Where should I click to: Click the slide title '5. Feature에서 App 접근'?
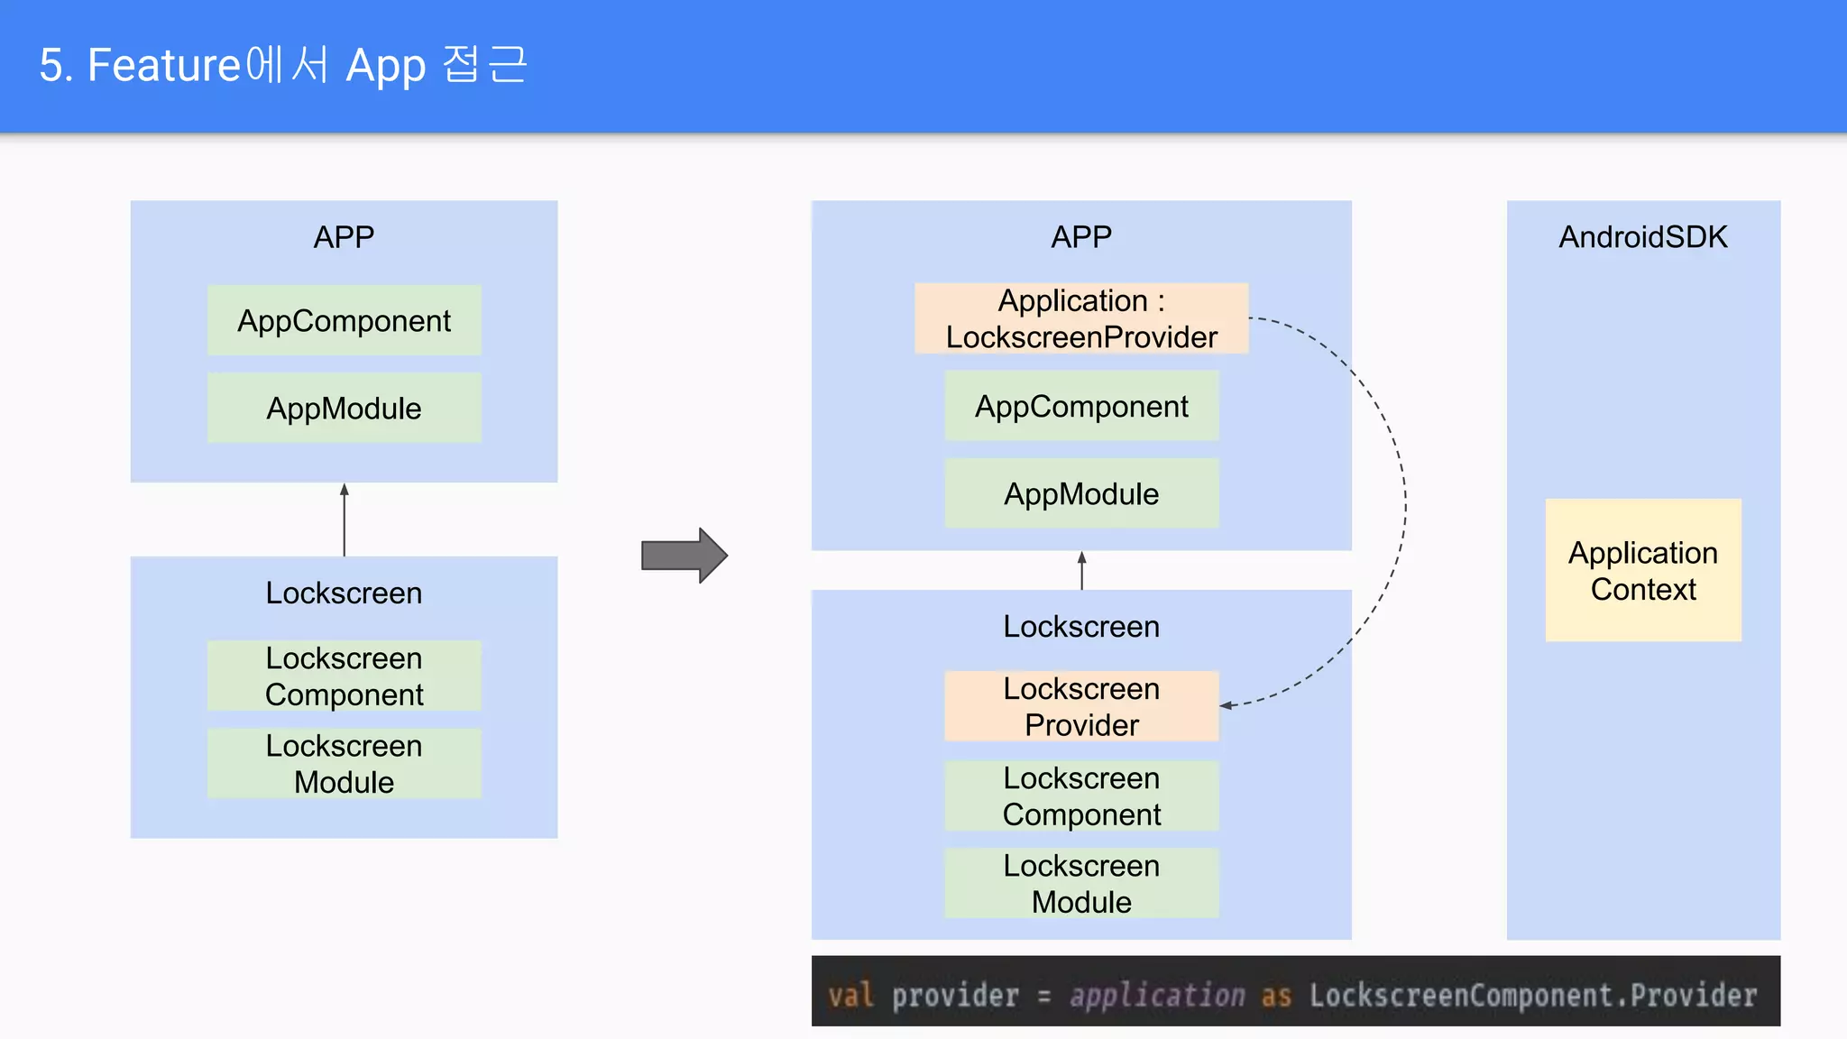point(283,66)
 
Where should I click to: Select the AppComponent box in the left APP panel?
point(344,321)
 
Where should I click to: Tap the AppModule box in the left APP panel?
point(344,409)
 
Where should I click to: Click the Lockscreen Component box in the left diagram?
point(344,676)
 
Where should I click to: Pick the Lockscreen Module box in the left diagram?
point(344,764)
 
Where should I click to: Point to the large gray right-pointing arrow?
point(684,556)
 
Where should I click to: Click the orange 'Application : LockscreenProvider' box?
point(1080,318)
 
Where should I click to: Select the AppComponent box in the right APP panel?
point(1080,407)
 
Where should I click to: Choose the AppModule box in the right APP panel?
point(1080,494)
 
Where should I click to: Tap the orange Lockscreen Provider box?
point(1080,706)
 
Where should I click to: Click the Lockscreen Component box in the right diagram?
point(1080,795)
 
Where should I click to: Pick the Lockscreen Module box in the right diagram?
point(1080,883)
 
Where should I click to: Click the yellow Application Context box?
point(1642,570)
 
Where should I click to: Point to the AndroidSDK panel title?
point(1642,237)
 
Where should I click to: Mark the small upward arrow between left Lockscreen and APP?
point(344,519)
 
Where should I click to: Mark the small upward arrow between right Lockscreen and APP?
point(1081,570)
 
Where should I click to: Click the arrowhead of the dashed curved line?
point(1227,705)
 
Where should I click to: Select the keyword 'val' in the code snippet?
point(850,995)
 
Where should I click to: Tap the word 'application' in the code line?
point(1156,995)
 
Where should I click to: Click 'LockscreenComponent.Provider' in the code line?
point(1532,995)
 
